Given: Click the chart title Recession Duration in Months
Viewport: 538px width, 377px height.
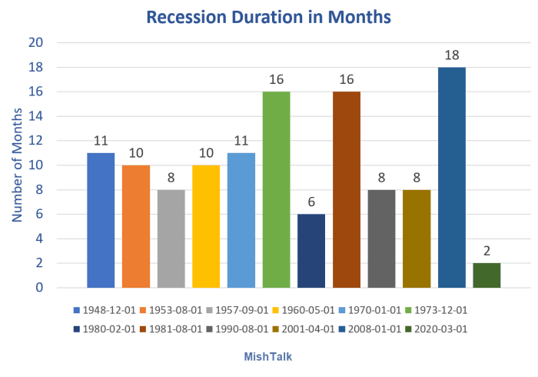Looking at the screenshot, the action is (269, 17).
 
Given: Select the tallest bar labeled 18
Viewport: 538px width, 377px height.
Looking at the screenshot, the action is (452, 178).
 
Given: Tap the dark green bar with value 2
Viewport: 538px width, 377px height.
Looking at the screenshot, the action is (487, 275).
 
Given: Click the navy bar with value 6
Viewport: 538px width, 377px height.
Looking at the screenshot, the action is (311, 251).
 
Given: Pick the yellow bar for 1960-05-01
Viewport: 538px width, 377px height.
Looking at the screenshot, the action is (206, 227).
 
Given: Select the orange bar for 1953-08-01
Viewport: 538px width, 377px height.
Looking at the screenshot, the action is (136, 227).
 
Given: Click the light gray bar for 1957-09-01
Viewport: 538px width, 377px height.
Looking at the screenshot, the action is (171, 239).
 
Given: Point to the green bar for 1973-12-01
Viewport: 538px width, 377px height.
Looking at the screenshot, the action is (276, 189).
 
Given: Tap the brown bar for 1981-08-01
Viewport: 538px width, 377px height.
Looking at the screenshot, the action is (347, 189).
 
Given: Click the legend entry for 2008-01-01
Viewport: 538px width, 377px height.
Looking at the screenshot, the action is (370, 329).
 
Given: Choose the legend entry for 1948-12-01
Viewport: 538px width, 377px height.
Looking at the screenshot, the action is (105, 310).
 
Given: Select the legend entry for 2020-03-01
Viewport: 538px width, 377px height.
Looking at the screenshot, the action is (437, 329).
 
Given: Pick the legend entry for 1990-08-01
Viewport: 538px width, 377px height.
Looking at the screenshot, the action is (237, 329).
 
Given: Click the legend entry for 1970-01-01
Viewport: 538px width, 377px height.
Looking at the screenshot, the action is (370, 310).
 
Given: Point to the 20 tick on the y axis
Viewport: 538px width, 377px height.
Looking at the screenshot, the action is (35, 42).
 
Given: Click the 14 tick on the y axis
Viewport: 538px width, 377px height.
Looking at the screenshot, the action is (35, 116).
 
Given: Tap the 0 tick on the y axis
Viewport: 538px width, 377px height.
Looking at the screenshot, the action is (39, 288).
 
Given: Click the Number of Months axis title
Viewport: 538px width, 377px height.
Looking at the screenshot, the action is (17, 165).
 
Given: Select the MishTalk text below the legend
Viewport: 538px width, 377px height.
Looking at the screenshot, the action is (268, 357).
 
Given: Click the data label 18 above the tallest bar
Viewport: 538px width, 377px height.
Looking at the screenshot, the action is (452, 55).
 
